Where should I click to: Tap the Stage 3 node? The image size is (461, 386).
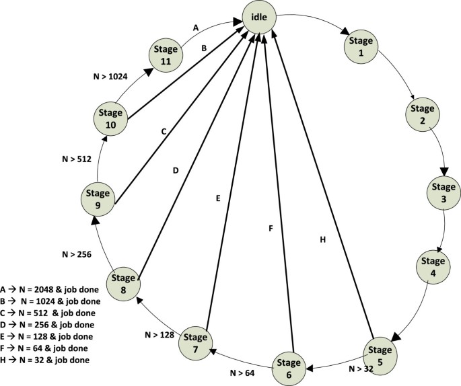click(443, 192)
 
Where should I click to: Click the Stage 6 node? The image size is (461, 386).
click(289, 368)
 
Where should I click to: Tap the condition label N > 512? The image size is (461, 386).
click(75, 160)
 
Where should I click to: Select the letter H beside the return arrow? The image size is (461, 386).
click(322, 239)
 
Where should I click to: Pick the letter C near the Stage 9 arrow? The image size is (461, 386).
click(163, 131)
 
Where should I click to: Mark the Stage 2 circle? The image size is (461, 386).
click(423, 114)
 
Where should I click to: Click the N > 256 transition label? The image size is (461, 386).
click(75, 254)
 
